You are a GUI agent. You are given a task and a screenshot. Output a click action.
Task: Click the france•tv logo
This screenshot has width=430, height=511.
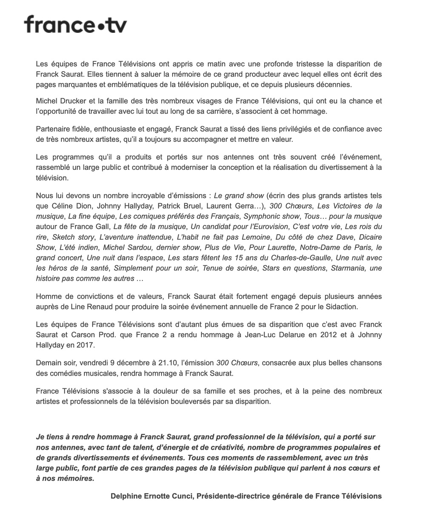coord(75,25)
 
